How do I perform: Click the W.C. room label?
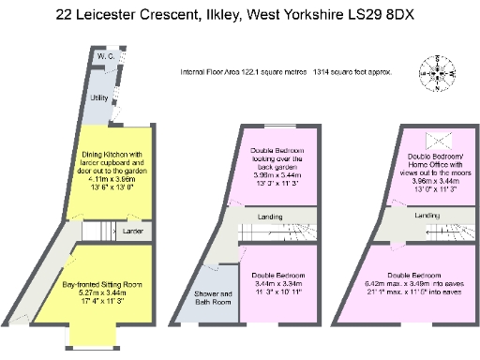104,57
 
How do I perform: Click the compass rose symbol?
439,72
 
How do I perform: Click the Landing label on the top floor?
427,217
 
